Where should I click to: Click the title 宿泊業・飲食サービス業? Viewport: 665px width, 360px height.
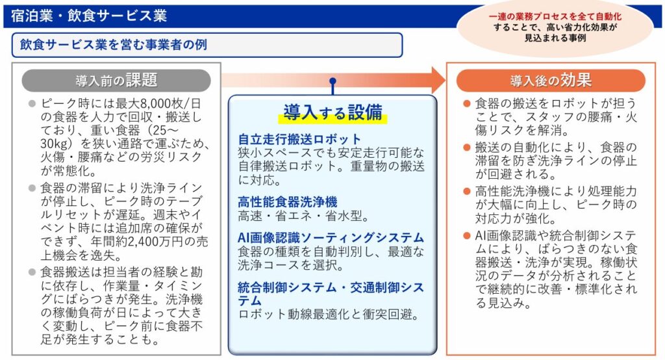pyautogui.click(x=89, y=15)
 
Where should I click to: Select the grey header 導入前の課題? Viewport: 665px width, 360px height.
pyautogui.click(x=116, y=81)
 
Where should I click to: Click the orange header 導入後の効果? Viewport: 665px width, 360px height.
pyautogui.click(x=550, y=81)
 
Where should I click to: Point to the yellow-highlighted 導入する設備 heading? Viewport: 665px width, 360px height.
pyautogui.click(x=332, y=112)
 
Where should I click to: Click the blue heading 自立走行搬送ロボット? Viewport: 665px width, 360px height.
pyautogui.click(x=299, y=139)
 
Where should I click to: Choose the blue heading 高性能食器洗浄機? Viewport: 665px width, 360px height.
pyautogui.click(x=288, y=201)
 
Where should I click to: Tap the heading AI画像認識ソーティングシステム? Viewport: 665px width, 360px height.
pyautogui.click(x=331, y=238)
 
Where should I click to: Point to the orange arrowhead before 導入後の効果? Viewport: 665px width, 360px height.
pyautogui.click(x=437, y=80)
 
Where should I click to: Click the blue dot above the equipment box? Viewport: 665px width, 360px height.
pyautogui.click(x=332, y=83)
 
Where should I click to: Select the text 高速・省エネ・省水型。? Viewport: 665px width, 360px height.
pyautogui.click(x=303, y=216)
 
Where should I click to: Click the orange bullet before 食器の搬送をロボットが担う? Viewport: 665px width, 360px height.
pyautogui.click(x=466, y=104)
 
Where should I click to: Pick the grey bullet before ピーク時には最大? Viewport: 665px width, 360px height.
pyautogui.click(x=31, y=104)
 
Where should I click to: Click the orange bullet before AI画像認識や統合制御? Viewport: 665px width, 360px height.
pyautogui.click(x=466, y=235)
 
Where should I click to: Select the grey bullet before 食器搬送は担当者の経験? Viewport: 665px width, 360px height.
pyautogui.click(x=31, y=271)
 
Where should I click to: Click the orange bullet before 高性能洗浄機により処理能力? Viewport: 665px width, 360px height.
pyautogui.click(x=466, y=191)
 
